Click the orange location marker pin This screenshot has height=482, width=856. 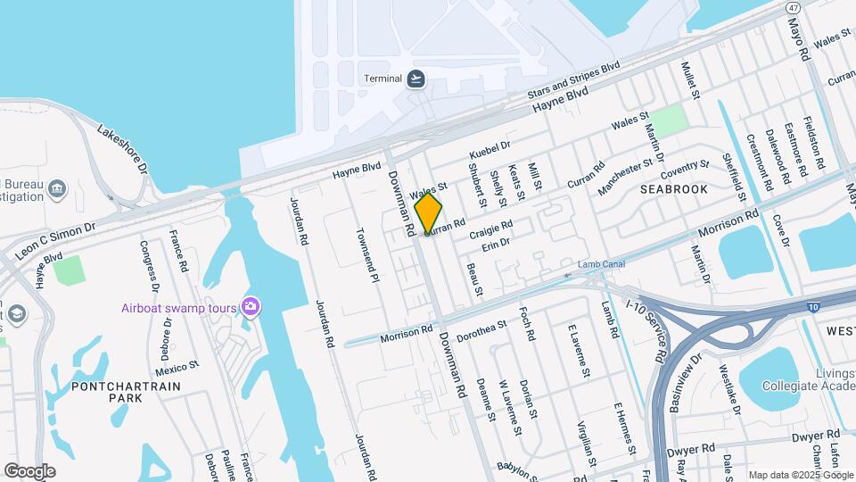coord(428,212)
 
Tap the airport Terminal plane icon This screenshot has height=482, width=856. coord(416,79)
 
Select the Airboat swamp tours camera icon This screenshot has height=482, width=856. coord(251,308)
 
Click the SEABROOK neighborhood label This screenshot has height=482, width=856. coord(674,189)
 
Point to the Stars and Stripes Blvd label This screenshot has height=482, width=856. coord(573,80)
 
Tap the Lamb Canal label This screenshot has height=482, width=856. coord(601,264)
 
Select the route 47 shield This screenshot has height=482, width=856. coord(793,7)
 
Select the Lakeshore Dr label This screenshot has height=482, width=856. coord(122,148)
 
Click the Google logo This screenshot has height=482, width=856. coord(29,470)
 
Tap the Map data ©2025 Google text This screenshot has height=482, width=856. coord(801,475)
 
